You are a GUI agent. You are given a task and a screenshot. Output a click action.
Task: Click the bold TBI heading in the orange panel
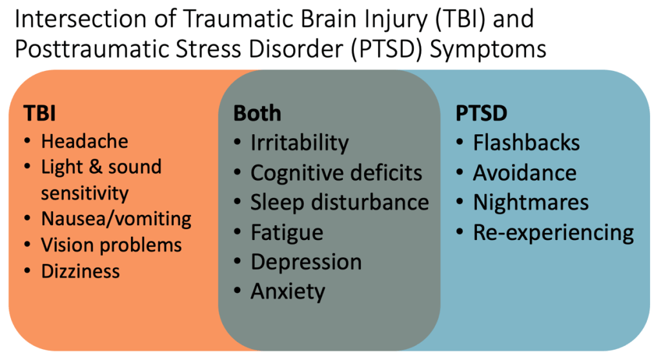tap(39, 113)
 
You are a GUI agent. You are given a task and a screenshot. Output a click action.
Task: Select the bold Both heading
tap(257, 113)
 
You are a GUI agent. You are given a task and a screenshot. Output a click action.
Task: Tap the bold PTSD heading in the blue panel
tap(482, 113)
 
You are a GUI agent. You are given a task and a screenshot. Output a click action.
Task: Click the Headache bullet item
tap(85, 141)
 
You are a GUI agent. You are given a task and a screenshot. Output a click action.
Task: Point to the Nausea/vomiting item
tap(116, 219)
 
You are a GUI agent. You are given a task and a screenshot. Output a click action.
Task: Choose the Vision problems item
tap(111, 245)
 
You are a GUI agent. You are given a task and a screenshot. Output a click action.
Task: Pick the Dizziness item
tap(81, 271)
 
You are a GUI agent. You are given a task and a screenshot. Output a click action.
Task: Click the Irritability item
tap(300, 143)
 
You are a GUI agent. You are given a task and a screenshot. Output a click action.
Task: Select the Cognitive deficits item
tap(336, 173)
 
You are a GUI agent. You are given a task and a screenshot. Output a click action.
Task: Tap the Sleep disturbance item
tap(340, 202)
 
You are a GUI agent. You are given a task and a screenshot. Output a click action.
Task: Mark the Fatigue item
tap(287, 232)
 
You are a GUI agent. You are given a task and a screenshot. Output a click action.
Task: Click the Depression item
tap(306, 262)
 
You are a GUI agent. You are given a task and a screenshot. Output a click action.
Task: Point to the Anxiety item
tap(288, 292)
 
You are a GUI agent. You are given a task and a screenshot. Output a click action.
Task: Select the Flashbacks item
tap(527, 143)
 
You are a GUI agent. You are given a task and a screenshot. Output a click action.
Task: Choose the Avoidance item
tap(525, 173)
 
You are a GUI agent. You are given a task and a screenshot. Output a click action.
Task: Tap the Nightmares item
tap(531, 202)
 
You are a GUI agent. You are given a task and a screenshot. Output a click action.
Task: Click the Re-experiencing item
tap(553, 232)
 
